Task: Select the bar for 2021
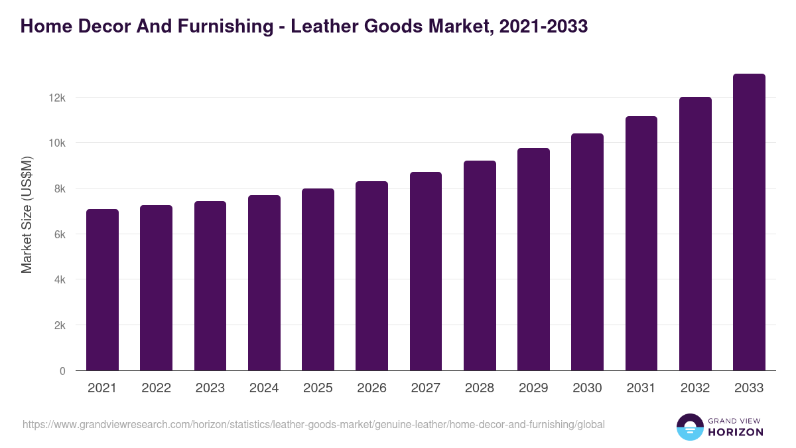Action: (102, 290)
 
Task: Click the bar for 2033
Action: (749, 222)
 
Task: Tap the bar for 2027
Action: (425, 271)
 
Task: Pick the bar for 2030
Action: (587, 252)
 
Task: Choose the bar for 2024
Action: (264, 283)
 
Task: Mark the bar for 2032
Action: (695, 234)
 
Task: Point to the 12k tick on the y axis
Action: (58, 98)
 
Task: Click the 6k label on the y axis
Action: (59, 234)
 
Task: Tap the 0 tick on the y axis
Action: (62, 371)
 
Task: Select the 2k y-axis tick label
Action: (59, 326)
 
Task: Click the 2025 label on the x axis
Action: (318, 388)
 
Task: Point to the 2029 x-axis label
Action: (533, 388)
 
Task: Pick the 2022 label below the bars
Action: (156, 388)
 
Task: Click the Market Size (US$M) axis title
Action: (27, 215)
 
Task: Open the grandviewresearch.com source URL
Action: (313, 424)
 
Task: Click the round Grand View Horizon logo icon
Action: (689, 427)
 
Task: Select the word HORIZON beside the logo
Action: (736, 432)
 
